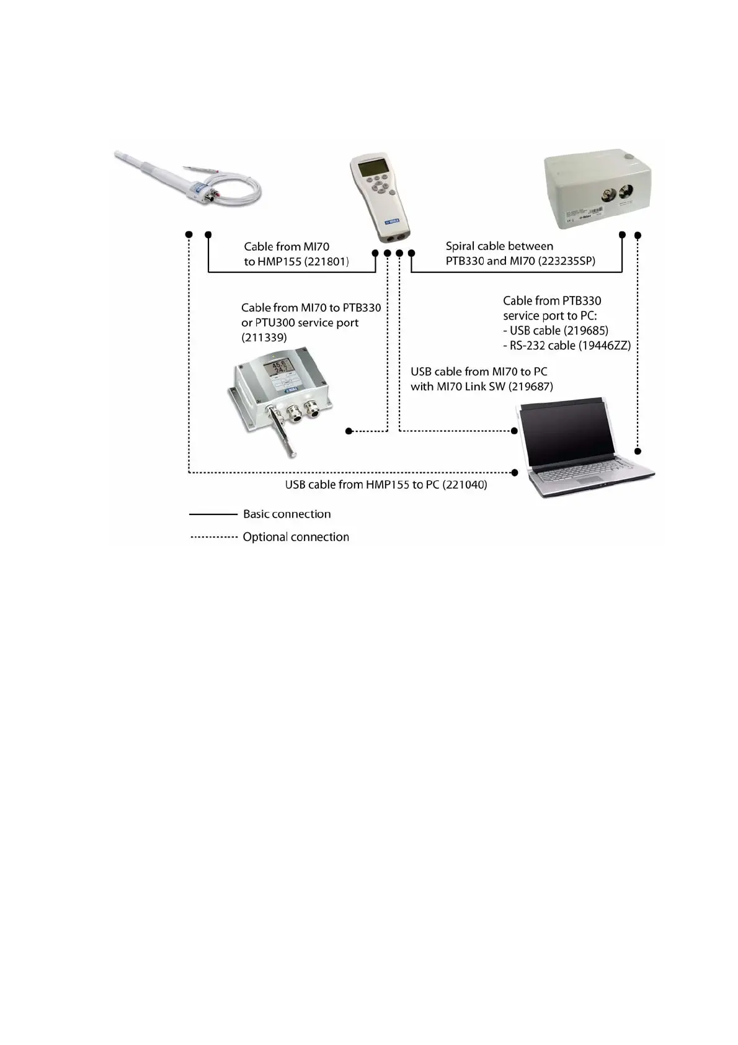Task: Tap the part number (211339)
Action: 264,338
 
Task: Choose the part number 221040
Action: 463,485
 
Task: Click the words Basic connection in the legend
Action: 287,514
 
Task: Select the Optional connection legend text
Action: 296,537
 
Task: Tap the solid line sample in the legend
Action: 213,514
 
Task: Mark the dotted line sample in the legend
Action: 213,537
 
